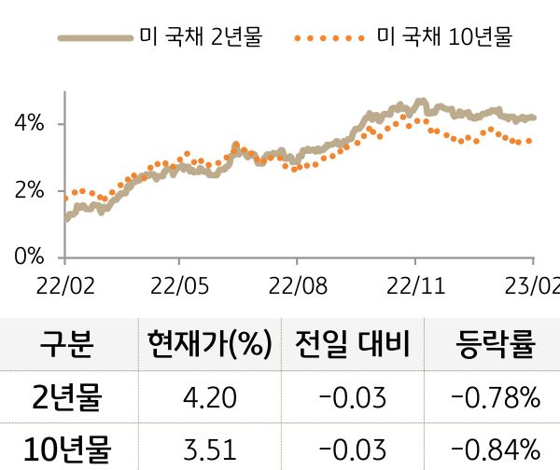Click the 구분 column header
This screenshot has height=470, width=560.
(x=67, y=345)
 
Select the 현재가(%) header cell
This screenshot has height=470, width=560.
(x=208, y=345)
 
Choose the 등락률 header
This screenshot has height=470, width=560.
(x=495, y=345)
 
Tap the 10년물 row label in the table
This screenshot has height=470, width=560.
(x=67, y=449)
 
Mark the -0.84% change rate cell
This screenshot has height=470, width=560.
(x=495, y=449)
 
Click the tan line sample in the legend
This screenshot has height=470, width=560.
(x=94, y=38)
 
